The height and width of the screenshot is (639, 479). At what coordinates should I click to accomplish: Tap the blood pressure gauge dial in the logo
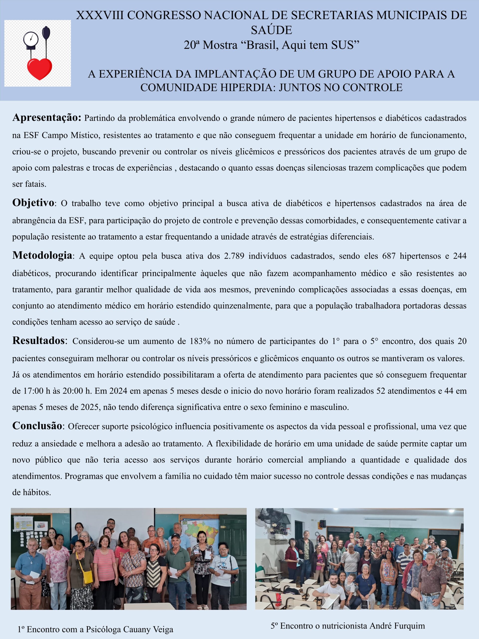click(x=31, y=39)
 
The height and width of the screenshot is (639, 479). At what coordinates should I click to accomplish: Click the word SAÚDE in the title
click(x=271, y=30)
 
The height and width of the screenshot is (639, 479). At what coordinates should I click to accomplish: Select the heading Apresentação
click(x=47, y=118)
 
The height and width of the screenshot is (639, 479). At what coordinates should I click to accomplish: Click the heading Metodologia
click(x=42, y=255)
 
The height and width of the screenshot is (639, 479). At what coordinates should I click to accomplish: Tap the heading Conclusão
click(x=37, y=426)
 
